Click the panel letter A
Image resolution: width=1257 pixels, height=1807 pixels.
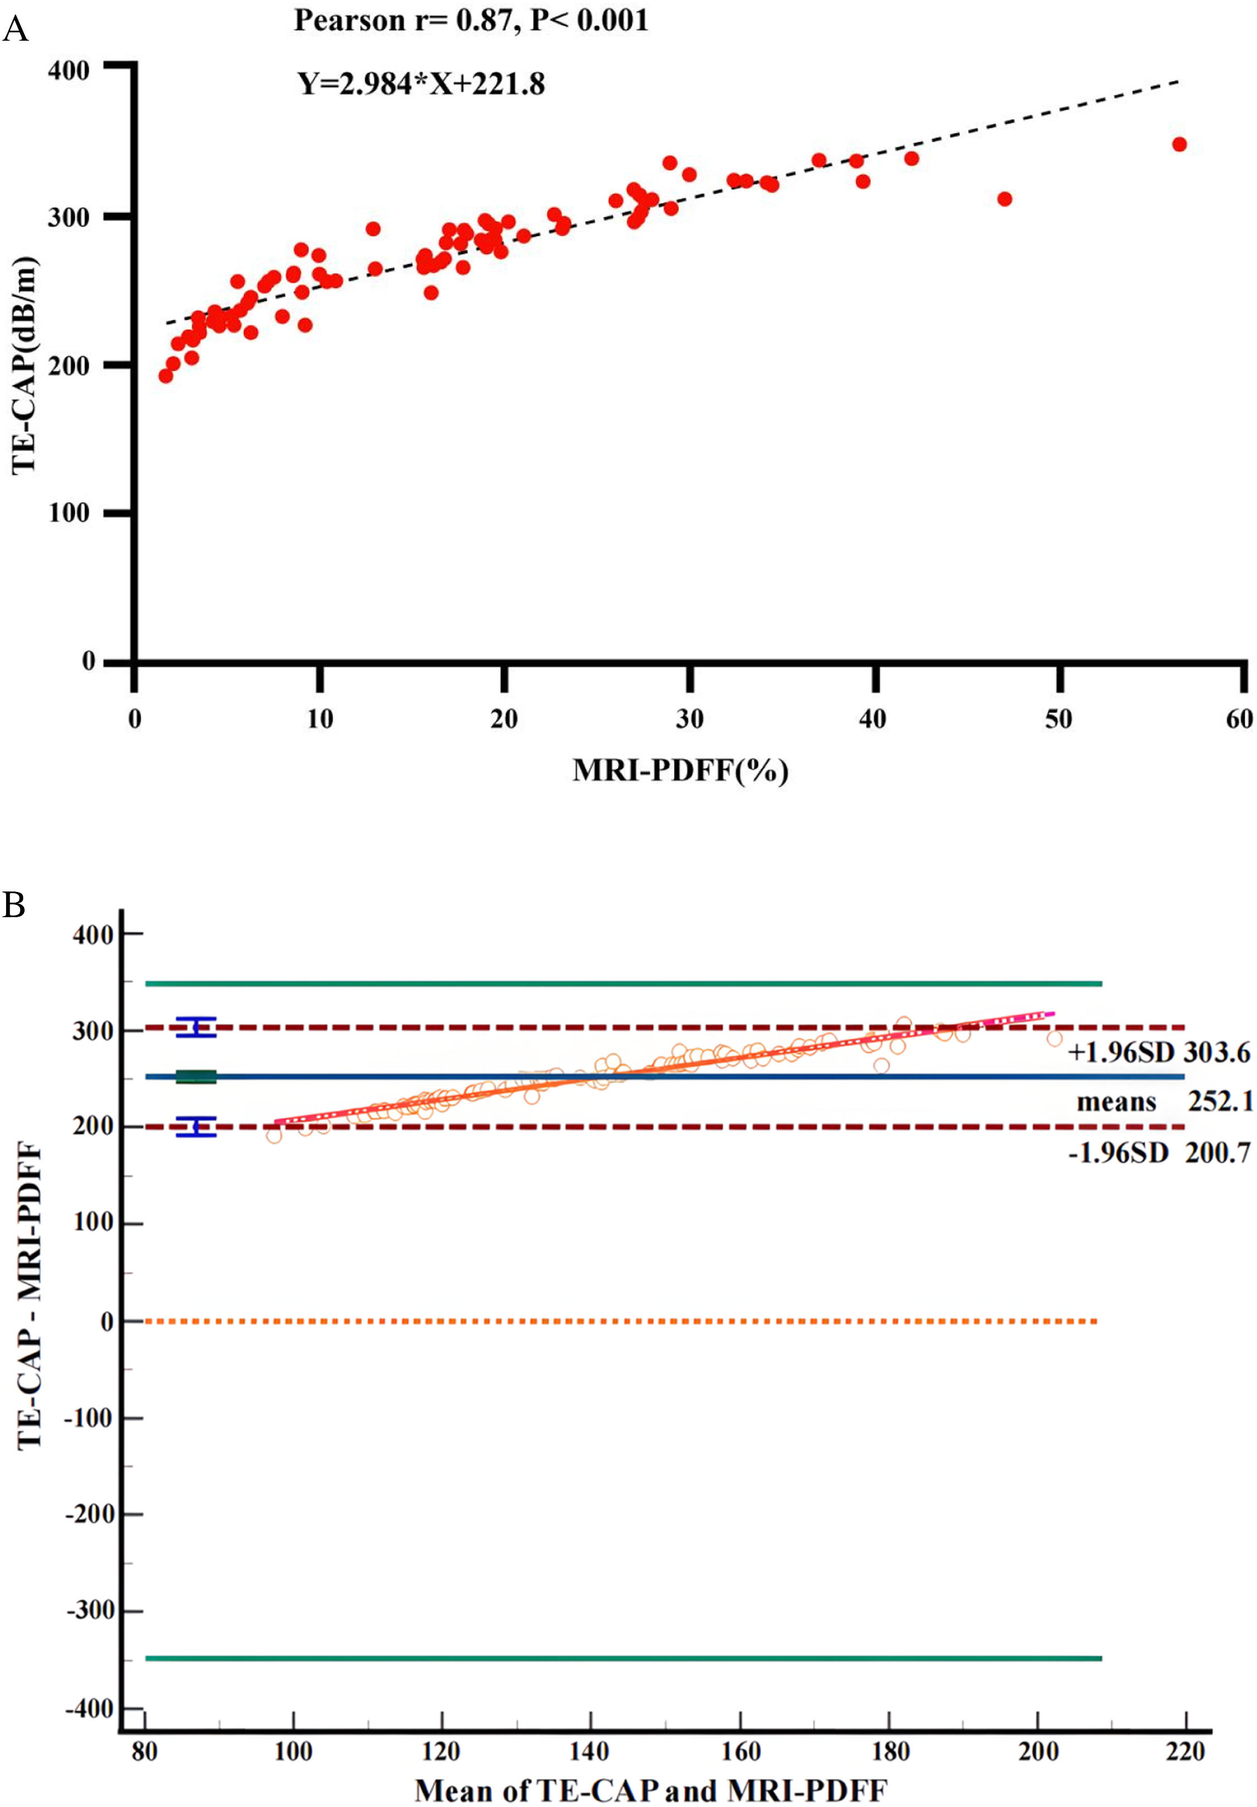pyautogui.click(x=15, y=30)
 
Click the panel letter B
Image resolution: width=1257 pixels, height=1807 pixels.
pyautogui.click(x=13, y=905)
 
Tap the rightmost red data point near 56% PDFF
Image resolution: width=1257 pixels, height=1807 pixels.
pyautogui.click(x=1178, y=144)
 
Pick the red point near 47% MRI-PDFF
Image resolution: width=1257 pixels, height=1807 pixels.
pyautogui.click(x=1003, y=199)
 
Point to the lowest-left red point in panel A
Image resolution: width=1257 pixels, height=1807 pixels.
pyautogui.click(x=166, y=375)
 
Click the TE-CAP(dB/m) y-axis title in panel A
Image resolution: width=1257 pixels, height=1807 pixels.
pyautogui.click(x=23, y=365)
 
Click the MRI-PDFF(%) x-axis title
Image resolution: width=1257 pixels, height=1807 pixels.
pyautogui.click(x=680, y=770)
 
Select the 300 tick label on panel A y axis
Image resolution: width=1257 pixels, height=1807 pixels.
pyautogui.click(x=69, y=217)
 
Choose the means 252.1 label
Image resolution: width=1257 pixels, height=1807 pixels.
pyautogui.click(x=1164, y=1101)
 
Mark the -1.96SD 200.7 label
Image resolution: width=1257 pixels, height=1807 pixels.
pyautogui.click(x=1158, y=1153)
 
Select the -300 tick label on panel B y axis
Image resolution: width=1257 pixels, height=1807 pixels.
pyautogui.click(x=90, y=1611)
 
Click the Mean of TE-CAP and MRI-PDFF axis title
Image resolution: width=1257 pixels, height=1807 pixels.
pyautogui.click(x=650, y=1790)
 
